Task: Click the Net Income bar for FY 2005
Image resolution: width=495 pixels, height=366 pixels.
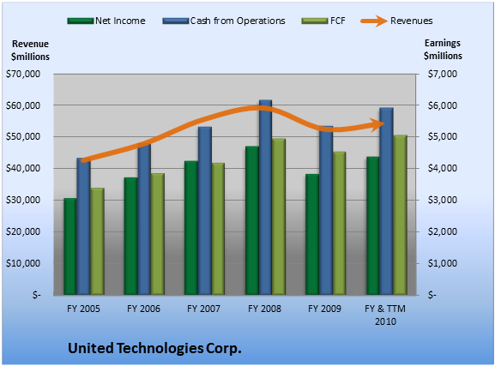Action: coord(70,246)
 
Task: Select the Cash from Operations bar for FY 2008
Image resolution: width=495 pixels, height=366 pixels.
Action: coord(265,197)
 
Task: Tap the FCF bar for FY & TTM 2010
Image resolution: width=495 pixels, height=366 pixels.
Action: coord(400,215)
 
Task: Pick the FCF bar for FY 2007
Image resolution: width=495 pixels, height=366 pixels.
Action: coord(218,229)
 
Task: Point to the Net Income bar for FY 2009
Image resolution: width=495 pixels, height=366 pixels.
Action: coord(312,235)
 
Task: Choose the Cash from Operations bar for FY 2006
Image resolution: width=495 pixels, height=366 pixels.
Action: coord(144,219)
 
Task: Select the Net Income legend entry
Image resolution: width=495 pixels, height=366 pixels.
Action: coord(106,21)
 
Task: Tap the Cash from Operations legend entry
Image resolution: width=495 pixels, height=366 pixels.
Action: coord(224,21)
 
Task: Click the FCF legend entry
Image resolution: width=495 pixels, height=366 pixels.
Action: coord(323,21)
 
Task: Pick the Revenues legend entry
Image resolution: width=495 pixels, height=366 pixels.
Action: coord(397,21)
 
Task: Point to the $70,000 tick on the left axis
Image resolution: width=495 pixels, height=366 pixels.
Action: coord(23,74)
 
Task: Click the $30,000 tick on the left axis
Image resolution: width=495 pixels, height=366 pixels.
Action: coord(23,200)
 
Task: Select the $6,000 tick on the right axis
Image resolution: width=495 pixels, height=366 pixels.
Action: coord(443,105)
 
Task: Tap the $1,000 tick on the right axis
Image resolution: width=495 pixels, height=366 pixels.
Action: coord(443,263)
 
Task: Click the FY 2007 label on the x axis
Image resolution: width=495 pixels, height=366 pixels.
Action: coord(203,309)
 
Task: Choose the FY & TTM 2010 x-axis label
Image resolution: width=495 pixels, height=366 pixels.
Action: coord(385,315)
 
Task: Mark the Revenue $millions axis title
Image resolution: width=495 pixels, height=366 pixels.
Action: coord(30,51)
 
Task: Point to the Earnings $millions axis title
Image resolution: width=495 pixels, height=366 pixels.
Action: coord(443,50)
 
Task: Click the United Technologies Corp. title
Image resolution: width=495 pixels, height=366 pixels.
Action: coord(154,348)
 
